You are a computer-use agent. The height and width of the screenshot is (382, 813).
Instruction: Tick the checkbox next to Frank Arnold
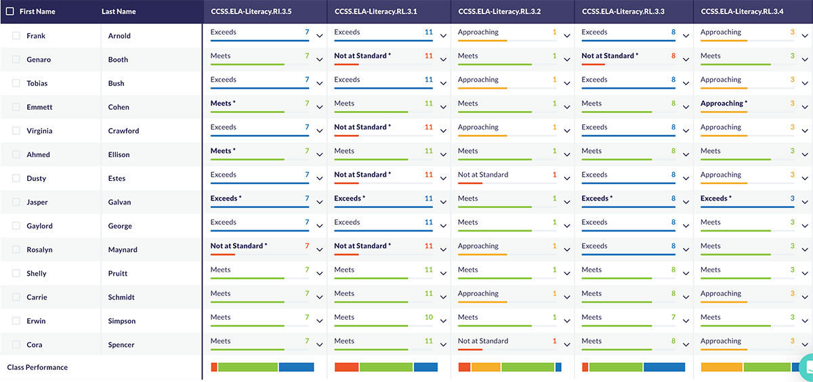click(16, 36)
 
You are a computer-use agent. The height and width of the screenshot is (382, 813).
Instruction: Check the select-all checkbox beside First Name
click(9, 12)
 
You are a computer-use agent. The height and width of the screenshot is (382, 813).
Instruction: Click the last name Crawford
click(123, 131)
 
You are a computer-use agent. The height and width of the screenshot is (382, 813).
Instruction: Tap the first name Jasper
click(37, 202)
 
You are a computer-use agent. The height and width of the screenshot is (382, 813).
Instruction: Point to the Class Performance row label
click(37, 367)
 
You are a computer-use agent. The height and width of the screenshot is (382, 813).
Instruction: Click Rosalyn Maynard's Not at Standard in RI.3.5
click(238, 246)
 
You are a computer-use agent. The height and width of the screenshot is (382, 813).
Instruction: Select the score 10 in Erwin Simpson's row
click(428, 317)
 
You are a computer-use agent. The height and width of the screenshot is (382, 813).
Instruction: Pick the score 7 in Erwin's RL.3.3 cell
click(673, 317)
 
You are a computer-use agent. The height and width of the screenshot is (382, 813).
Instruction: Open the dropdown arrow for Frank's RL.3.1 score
click(443, 36)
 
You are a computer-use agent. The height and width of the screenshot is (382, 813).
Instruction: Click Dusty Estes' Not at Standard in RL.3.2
click(482, 175)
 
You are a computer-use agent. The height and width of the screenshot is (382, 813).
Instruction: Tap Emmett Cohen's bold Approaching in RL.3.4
click(724, 104)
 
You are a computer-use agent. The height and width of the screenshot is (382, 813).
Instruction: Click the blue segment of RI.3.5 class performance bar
click(296, 367)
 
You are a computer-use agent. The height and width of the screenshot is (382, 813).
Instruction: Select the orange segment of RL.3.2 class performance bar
click(486, 367)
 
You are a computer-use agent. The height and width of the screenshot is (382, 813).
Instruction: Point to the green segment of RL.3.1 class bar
click(385, 367)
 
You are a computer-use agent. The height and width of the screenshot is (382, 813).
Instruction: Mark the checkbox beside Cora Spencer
click(16, 345)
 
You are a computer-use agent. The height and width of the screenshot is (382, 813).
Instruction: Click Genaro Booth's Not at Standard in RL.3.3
click(609, 56)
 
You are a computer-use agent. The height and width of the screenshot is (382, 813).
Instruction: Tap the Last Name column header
click(119, 12)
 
